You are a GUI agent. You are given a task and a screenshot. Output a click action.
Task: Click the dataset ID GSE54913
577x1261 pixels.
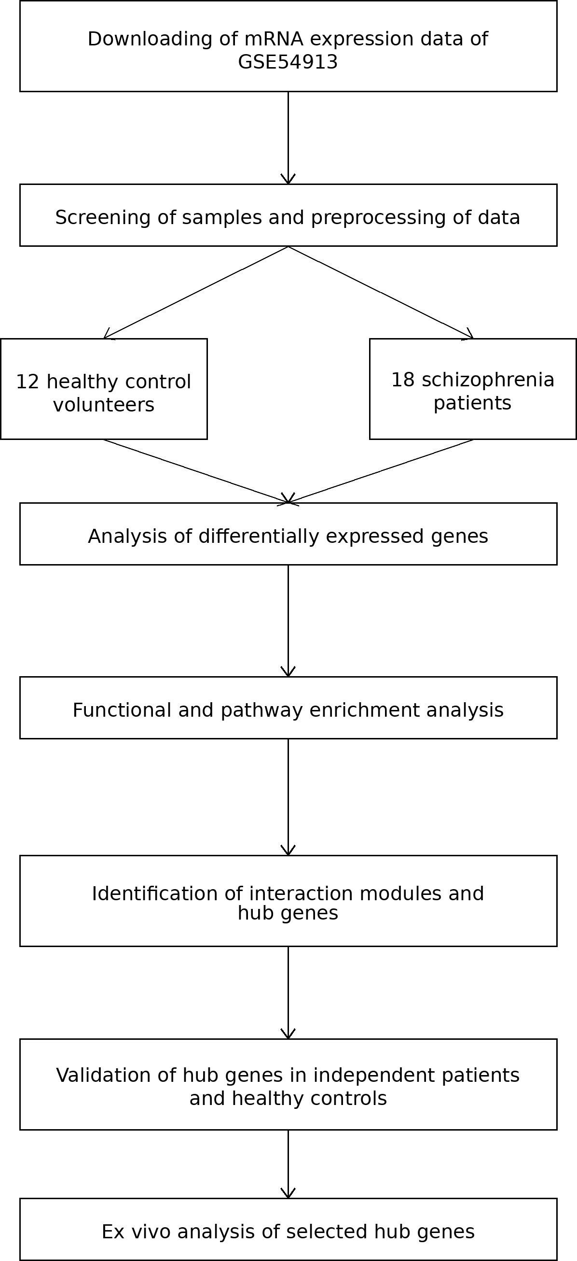(x=288, y=62)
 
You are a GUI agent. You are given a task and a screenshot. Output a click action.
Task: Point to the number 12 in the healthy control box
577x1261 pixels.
(x=28, y=382)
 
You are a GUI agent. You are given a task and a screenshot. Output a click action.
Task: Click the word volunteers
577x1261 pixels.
(x=104, y=405)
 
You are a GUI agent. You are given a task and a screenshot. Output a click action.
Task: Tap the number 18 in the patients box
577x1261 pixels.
(x=403, y=380)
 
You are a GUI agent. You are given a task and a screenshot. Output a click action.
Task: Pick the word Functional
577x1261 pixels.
(x=122, y=710)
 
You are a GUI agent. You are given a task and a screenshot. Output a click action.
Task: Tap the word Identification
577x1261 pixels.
(x=155, y=893)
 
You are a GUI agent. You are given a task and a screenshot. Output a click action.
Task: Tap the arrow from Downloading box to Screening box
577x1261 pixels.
(x=288, y=138)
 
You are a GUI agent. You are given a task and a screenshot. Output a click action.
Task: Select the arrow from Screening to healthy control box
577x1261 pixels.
(x=195, y=293)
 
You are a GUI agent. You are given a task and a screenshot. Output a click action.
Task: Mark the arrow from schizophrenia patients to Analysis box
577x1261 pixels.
(x=381, y=471)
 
